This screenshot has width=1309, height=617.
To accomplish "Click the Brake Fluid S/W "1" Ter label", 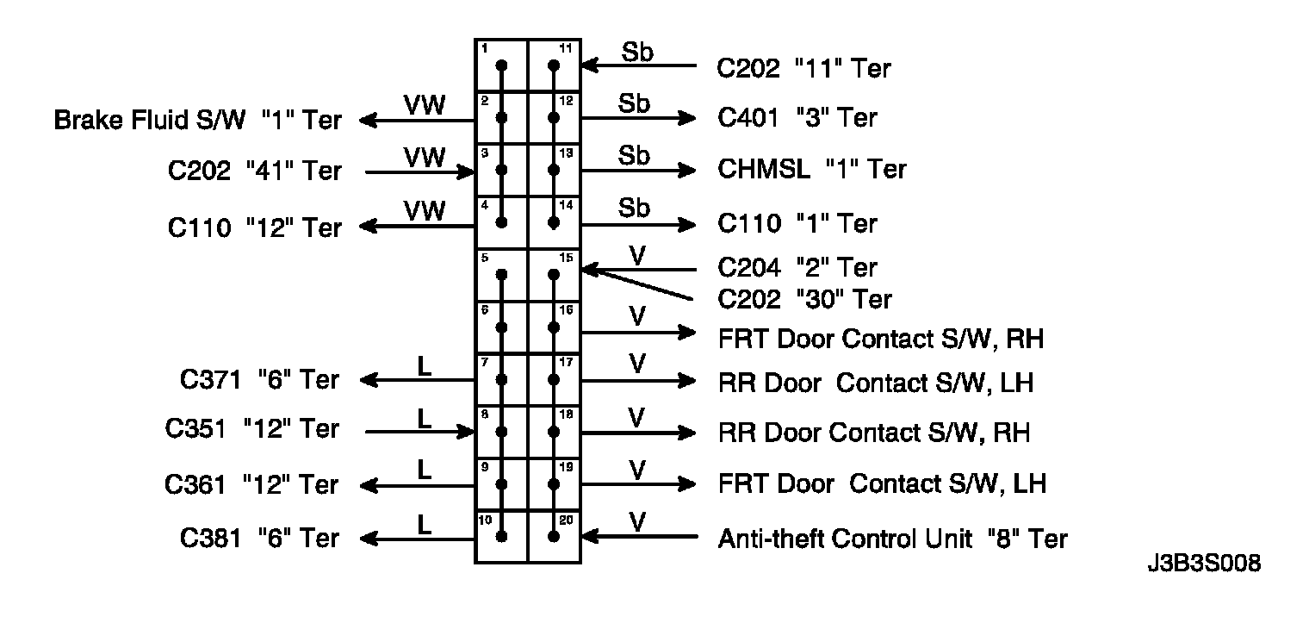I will (197, 120).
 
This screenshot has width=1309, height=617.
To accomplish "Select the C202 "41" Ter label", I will (254, 171).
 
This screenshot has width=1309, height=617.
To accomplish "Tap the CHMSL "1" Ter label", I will (811, 169).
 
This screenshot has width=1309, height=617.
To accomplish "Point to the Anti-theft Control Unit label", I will (892, 539).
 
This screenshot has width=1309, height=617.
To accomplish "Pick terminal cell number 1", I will (501, 65).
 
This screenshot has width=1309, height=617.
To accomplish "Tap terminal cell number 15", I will (555, 275).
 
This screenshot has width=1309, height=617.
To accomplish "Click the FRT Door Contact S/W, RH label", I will (880, 339).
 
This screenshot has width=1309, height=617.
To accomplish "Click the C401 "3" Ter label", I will (797, 117).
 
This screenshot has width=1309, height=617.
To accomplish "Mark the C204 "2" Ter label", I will (797, 268).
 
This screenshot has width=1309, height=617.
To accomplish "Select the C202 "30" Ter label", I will (804, 299).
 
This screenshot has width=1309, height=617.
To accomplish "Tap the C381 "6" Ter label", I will (259, 539).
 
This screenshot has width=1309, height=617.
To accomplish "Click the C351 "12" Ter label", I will (252, 429).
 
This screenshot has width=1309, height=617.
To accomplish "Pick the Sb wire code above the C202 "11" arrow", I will (637, 52).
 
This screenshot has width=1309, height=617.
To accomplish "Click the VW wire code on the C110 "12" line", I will (425, 210).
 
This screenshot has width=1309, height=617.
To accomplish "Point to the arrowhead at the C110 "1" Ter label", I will (687, 225).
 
